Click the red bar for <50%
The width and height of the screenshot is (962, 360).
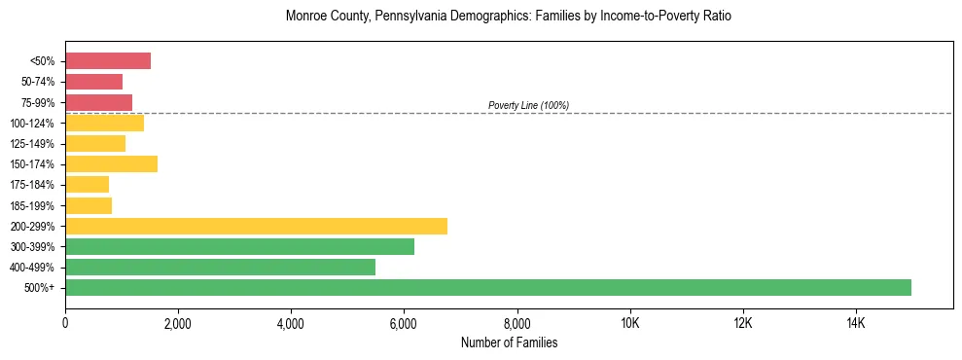[108, 61]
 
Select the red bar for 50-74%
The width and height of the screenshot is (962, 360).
[93, 82]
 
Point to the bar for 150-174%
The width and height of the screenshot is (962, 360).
[111, 164]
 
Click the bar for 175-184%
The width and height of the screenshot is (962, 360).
[87, 185]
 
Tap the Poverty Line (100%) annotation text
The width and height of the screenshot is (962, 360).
[528, 105]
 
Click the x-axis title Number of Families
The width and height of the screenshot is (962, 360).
[509, 342]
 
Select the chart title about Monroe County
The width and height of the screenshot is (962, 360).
[509, 17]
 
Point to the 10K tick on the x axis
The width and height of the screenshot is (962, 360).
[629, 323]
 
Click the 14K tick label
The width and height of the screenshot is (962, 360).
[855, 323]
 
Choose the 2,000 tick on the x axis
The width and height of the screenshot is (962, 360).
[178, 323]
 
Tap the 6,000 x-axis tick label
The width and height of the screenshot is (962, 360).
[404, 323]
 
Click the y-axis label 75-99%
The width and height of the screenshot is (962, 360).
[39, 103]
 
